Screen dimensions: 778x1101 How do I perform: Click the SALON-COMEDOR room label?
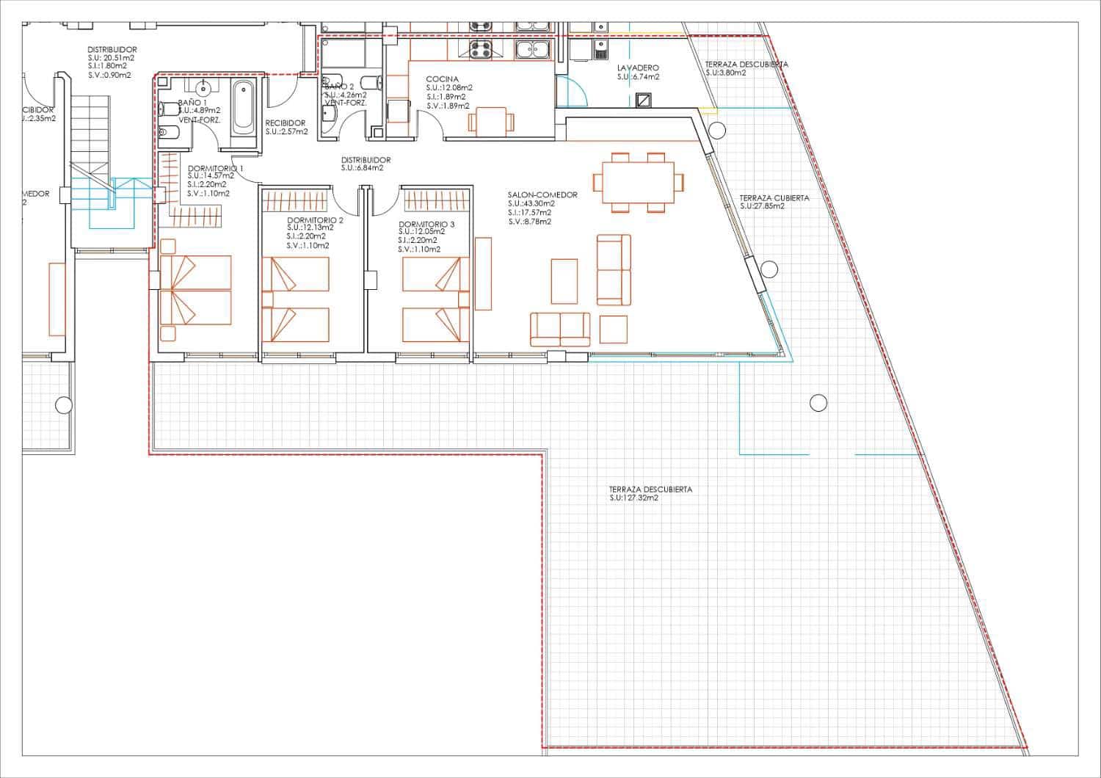(x=542, y=195)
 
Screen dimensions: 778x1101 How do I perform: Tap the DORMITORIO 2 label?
(x=315, y=220)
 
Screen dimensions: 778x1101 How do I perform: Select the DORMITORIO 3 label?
(x=426, y=225)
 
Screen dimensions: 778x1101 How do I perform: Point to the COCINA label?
(x=442, y=79)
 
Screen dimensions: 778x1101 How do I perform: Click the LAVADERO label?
(x=638, y=67)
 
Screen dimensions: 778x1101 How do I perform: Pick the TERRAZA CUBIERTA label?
(x=774, y=198)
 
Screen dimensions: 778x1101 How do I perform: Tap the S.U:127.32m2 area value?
(x=633, y=498)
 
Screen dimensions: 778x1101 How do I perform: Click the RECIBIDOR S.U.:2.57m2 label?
(x=286, y=128)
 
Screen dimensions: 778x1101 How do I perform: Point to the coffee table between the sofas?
(x=564, y=280)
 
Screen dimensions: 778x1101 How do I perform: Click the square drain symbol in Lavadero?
(x=644, y=100)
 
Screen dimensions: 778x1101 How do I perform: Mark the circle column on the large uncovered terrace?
(x=818, y=402)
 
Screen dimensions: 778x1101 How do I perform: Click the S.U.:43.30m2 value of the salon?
(x=531, y=204)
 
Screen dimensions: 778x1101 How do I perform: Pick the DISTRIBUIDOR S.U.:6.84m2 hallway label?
(x=366, y=164)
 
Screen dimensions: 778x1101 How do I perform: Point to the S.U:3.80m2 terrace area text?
(x=725, y=73)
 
